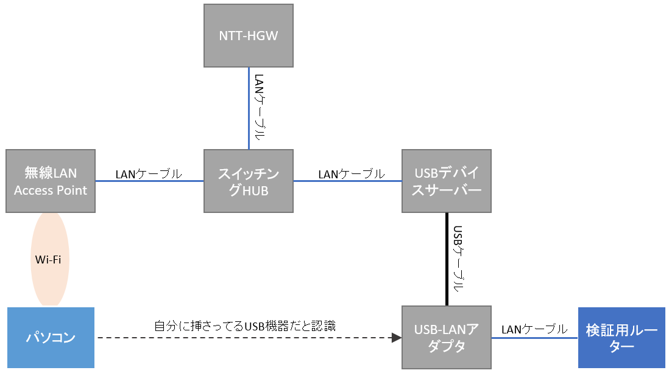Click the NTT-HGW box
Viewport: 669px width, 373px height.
[x=248, y=35]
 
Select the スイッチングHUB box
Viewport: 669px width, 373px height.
[x=248, y=181]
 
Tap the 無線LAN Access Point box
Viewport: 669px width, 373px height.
[x=51, y=181]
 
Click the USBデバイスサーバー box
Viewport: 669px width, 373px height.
[x=447, y=181]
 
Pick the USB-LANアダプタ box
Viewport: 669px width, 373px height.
[x=447, y=338]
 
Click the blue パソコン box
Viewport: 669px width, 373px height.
[x=51, y=338]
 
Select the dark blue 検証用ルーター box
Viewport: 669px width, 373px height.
[x=621, y=338]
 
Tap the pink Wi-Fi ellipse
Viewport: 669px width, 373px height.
[x=50, y=259]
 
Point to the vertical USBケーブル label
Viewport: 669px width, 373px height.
[x=458, y=259]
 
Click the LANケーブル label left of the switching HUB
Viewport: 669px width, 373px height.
[x=149, y=174]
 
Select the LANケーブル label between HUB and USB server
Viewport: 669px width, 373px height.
[x=351, y=174]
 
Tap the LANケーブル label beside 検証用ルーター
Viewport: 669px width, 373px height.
[x=534, y=329]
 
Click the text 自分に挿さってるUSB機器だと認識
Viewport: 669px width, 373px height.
[x=244, y=326]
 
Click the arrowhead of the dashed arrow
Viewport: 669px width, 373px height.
[x=397, y=337]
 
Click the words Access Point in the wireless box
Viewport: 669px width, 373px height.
[x=51, y=190]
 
